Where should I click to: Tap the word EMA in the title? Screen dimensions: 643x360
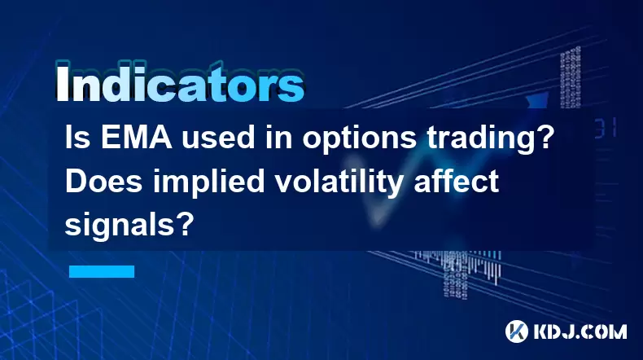pyautogui.click(x=136, y=138)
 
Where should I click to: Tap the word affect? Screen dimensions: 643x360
pyautogui.click(x=456, y=181)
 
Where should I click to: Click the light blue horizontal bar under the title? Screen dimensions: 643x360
pyautogui.click(x=102, y=271)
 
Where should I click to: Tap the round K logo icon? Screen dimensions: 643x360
pyautogui.click(x=517, y=331)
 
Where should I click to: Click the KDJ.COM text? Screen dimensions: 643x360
pyautogui.click(x=580, y=331)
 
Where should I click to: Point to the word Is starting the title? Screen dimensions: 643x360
pyautogui.click(x=78, y=138)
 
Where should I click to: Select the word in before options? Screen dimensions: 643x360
pyautogui.click(x=279, y=138)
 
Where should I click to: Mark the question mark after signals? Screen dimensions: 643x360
pyautogui.click(x=185, y=224)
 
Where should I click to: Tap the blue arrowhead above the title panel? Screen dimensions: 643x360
pyautogui.click(x=537, y=101)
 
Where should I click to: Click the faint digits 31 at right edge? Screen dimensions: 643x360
pyautogui.click(x=606, y=128)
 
